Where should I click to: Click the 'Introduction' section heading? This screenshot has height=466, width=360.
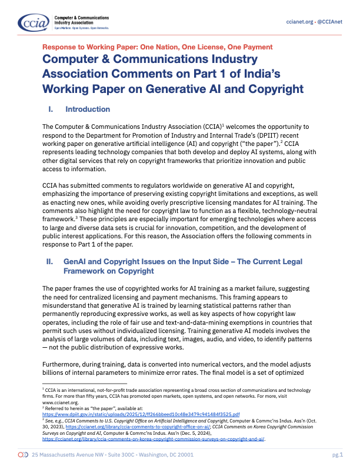pyautogui.click(x=88, y=109)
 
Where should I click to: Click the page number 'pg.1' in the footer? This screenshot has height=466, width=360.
pyautogui.click(x=337, y=455)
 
